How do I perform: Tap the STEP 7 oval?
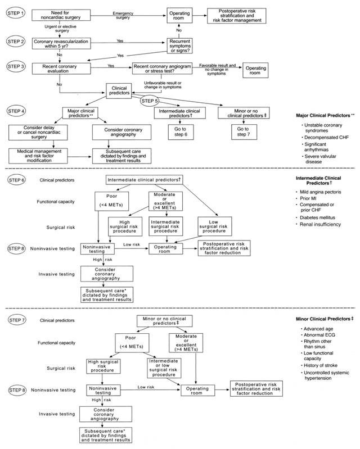pyautogui.click(x=16, y=320)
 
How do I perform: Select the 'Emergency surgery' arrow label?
pyautogui.click(x=126, y=15)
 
